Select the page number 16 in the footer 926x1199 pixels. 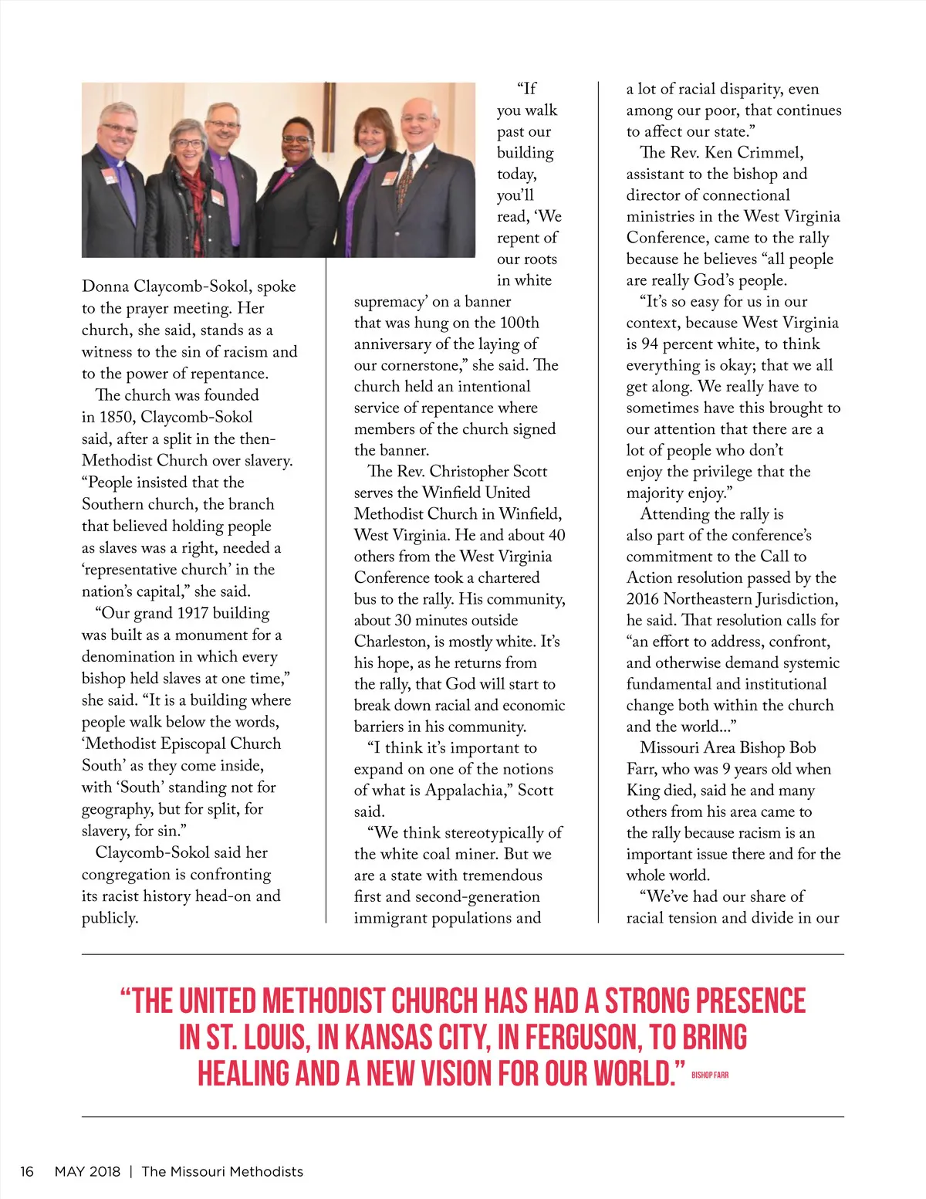pyautogui.click(x=27, y=1171)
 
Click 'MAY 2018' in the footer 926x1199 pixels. pyautogui.click(x=87, y=1171)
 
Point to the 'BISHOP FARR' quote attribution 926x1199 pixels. pyautogui.click(x=710, y=1075)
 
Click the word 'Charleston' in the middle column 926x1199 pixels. pyautogui.click(x=390, y=641)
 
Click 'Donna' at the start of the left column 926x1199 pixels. pyautogui.click(x=105, y=286)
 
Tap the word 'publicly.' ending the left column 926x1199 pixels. pyautogui.click(x=110, y=917)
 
